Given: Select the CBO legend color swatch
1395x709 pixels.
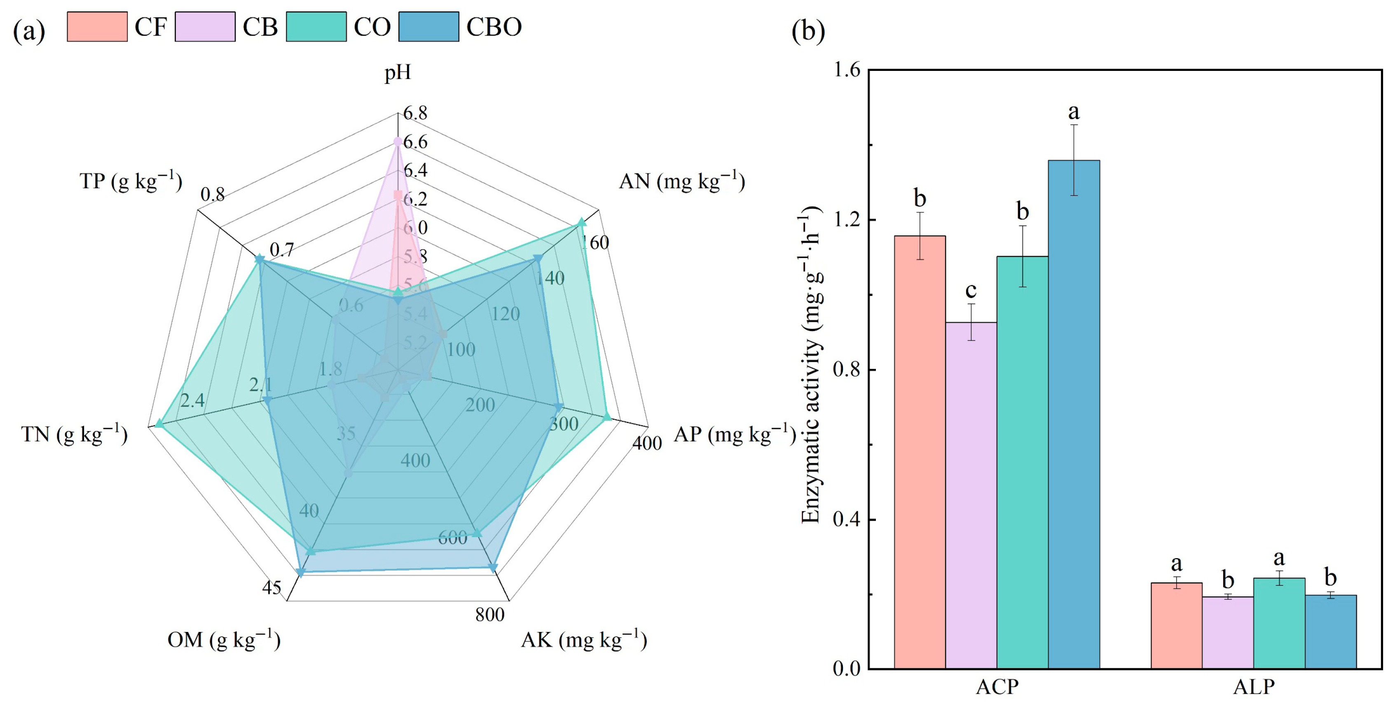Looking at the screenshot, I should pos(428,26).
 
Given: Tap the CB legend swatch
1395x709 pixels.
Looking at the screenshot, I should pos(205,26).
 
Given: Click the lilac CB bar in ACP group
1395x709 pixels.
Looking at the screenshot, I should pos(971,495).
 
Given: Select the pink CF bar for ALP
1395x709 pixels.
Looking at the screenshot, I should pos(1176,626).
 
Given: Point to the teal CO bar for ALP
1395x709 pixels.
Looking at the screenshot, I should pos(1279,623).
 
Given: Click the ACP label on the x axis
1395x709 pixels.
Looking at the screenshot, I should pos(997,687).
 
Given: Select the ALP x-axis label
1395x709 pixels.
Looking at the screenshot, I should pos(1254,687).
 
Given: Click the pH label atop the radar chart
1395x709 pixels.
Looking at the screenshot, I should pos(398,72).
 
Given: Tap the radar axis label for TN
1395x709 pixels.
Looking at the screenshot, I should pos(74,434).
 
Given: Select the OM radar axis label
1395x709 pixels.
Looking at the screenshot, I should pos(224,640).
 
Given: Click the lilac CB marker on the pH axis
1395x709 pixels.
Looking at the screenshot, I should pos(398,141).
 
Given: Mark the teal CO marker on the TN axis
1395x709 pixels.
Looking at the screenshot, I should pos(159,423).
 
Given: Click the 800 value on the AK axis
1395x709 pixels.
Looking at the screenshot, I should pos(489,615).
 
